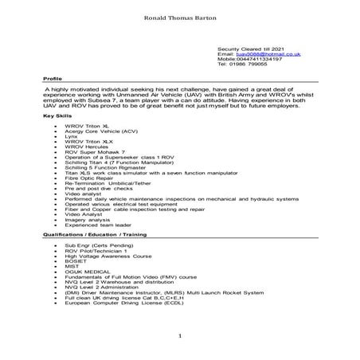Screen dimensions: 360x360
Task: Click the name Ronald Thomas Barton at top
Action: tap(180, 16)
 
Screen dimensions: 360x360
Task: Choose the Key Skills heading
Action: tap(57, 118)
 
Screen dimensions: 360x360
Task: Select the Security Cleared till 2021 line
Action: tap(254, 48)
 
